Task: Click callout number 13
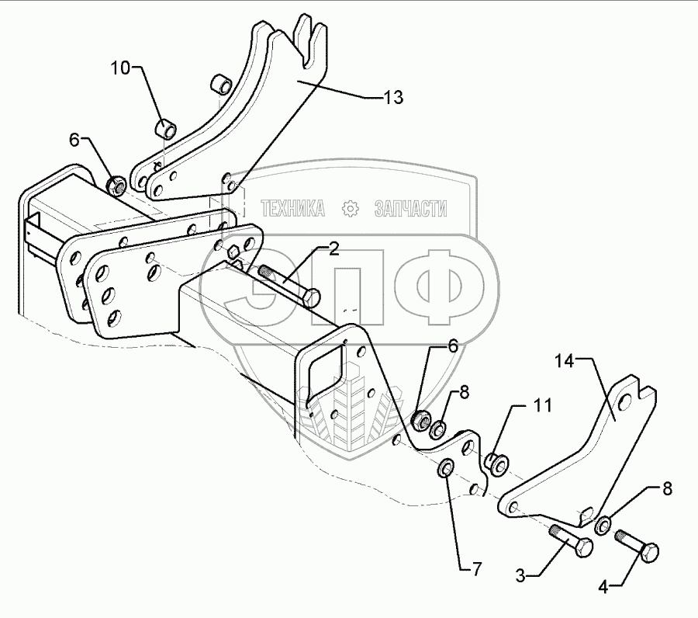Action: [x=393, y=97]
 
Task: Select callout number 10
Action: [x=120, y=68]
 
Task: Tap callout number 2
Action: [x=333, y=249]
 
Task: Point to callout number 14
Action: [x=565, y=361]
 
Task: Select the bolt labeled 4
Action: [x=638, y=544]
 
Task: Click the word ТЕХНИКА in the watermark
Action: [x=293, y=208]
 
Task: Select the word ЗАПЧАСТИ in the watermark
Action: [x=410, y=208]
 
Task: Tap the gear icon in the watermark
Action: [x=350, y=208]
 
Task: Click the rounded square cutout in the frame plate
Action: [x=327, y=365]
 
